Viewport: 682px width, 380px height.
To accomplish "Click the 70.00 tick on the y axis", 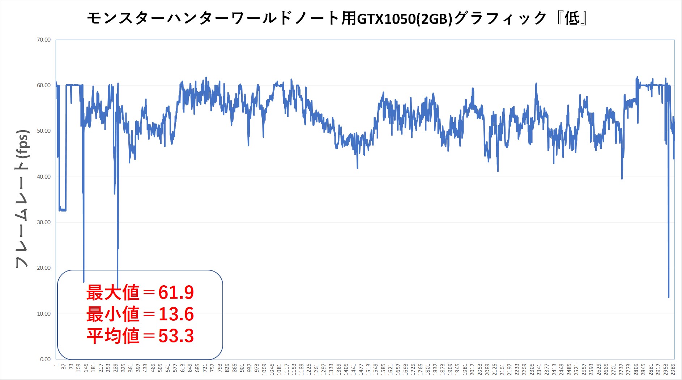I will coord(44,40).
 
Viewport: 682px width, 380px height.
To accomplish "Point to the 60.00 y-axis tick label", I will coord(44,85).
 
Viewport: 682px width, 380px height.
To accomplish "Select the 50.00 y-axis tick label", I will coord(44,131).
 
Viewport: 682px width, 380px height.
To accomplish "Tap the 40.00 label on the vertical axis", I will coord(44,177).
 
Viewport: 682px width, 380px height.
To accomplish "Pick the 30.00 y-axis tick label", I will coord(44,222).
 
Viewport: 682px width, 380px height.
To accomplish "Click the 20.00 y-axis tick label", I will coord(44,268).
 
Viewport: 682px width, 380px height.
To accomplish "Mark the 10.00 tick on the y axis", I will coord(44,314).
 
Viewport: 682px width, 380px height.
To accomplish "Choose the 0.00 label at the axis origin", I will coord(45,359).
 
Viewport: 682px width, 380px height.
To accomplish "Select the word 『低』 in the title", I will coord(571,18).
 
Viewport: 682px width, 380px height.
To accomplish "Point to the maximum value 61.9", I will coord(176,293).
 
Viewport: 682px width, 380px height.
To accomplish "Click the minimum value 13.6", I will coord(176,314).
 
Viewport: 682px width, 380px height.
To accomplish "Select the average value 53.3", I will coord(176,336).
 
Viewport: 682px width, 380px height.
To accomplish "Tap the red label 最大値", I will coord(112,293).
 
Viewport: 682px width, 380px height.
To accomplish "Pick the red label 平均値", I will coord(112,336).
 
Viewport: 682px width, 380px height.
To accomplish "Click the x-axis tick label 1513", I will coord(368,371).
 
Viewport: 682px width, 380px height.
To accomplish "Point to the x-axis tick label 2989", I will coord(673,371).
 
